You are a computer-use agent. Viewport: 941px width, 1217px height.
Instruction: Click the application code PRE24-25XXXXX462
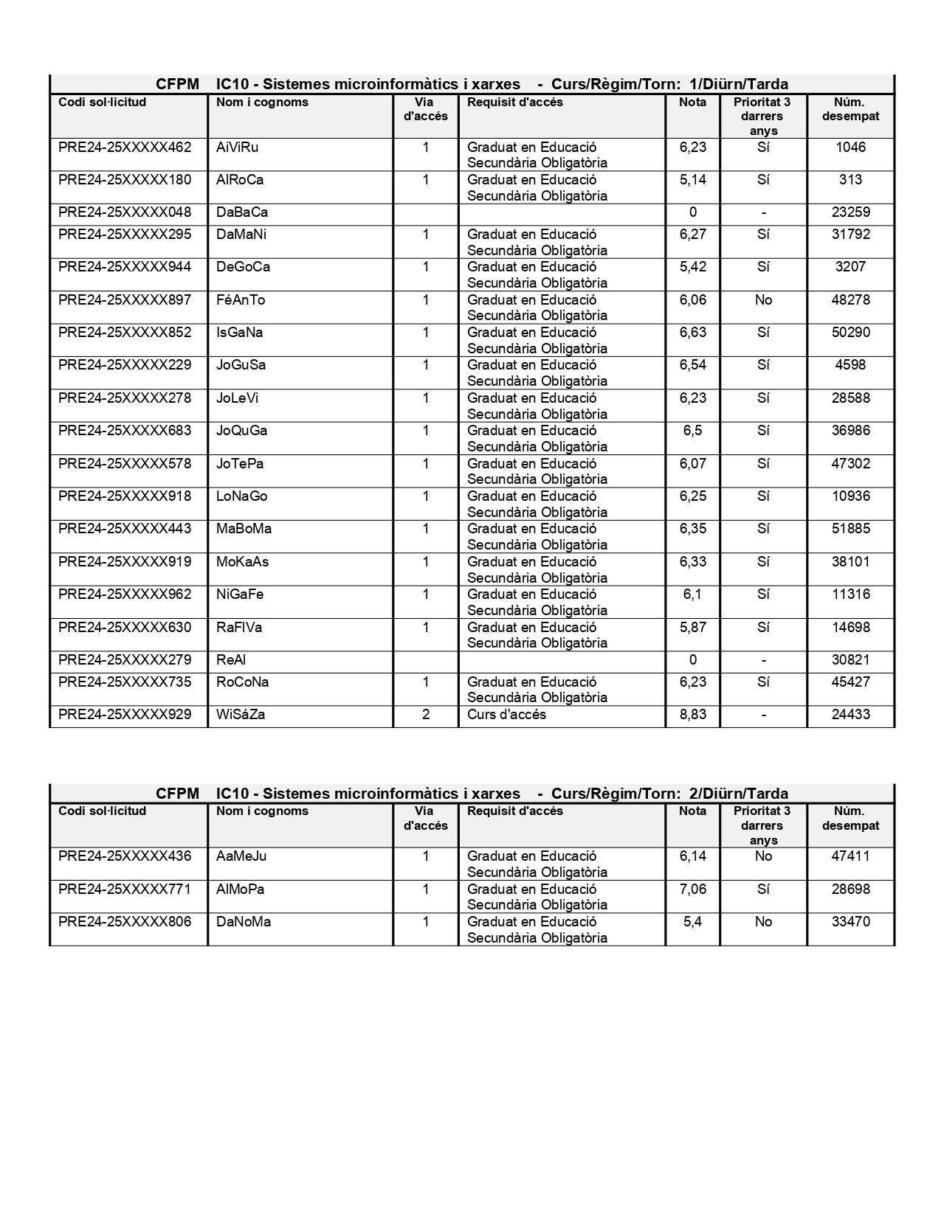point(125,148)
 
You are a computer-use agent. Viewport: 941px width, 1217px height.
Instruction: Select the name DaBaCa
point(242,212)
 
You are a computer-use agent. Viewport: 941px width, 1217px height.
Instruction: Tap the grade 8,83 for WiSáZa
point(692,715)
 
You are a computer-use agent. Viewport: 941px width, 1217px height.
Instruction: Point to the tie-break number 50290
point(850,333)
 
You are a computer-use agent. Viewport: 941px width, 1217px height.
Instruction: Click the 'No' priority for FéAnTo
point(763,300)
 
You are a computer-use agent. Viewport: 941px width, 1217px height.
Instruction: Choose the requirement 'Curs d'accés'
point(506,715)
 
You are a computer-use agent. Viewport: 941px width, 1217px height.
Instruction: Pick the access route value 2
point(426,715)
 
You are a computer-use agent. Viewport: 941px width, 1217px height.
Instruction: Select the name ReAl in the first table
point(231,660)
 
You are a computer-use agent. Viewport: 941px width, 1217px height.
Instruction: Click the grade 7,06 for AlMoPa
point(692,890)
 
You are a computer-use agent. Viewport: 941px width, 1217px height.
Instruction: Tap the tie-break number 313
point(850,180)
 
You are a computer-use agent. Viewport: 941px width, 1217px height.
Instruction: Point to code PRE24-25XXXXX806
point(125,922)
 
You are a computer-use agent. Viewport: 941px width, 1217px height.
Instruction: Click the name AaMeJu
point(241,856)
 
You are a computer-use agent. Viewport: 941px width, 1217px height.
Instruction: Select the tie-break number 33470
point(850,922)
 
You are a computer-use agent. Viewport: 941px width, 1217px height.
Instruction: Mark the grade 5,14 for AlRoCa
point(692,180)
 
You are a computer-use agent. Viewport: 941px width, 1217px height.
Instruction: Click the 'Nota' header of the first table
point(692,103)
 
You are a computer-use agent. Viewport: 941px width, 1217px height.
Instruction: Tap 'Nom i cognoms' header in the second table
point(262,811)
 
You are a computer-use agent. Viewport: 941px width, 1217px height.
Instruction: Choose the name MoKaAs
point(242,562)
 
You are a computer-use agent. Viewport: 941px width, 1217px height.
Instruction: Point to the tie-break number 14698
point(850,628)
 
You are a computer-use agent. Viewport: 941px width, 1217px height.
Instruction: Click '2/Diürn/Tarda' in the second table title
point(738,794)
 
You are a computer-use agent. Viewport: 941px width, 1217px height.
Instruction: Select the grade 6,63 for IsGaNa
point(692,333)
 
